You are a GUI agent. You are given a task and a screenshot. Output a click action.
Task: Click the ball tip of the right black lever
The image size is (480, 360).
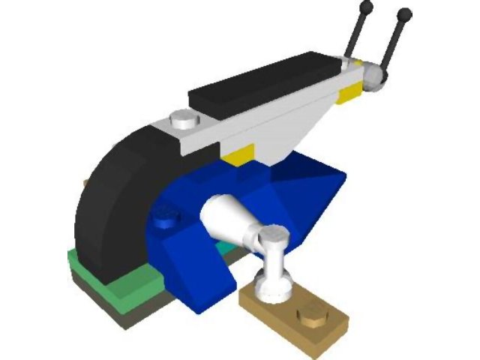click(405, 13)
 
